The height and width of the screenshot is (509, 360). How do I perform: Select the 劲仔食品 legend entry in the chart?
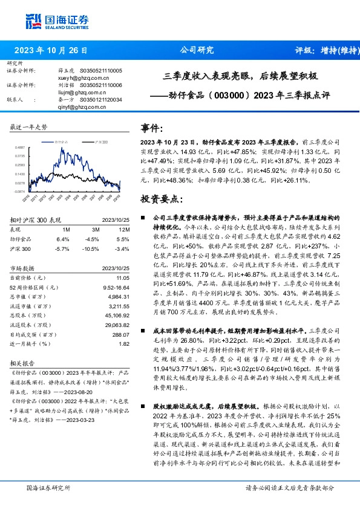[x=62, y=141]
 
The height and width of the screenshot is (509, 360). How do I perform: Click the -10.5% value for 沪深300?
[x=90, y=248]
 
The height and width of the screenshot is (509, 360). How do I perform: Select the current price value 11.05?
[x=123, y=276]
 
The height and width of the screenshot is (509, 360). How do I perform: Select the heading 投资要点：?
[x=162, y=198]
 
